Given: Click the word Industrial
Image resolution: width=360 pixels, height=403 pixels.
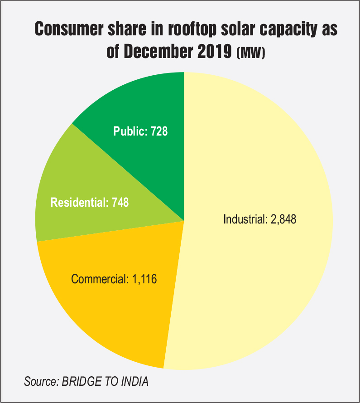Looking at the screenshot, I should coord(243,219).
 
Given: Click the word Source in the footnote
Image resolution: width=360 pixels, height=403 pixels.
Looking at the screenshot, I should coord(39,382).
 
